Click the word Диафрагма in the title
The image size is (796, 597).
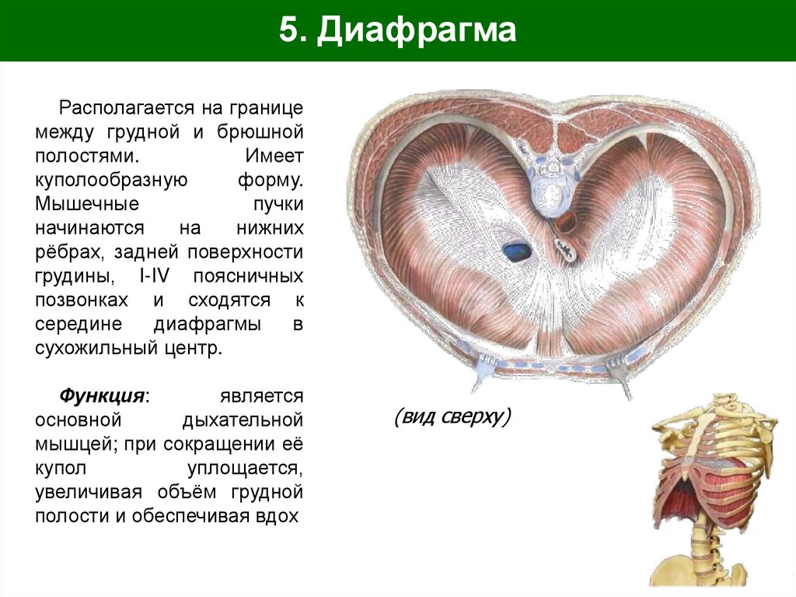click(417, 32)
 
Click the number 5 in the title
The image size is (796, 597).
click(288, 32)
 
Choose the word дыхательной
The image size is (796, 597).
click(241, 420)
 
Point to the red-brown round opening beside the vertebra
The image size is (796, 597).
click(566, 222)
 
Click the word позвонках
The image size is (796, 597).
click(84, 300)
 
